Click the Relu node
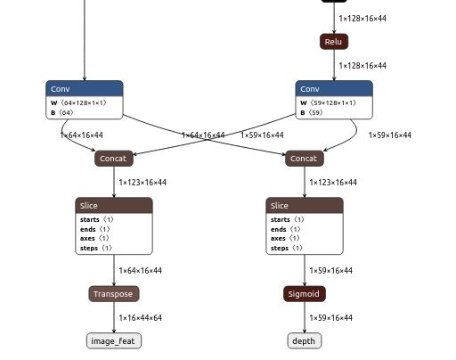click(x=333, y=42)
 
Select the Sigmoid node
click(x=305, y=294)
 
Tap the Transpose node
click(x=114, y=294)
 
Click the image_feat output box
click(x=114, y=341)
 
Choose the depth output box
click(x=305, y=341)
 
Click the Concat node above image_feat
click(x=114, y=159)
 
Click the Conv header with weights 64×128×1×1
click(x=85, y=89)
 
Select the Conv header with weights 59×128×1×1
click(x=334, y=89)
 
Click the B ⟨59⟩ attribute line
click(x=315, y=113)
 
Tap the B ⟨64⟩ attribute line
click(x=62, y=113)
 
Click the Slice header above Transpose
click(x=114, y=206)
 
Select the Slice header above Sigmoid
click(x=305, y=206)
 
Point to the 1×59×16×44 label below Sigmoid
click(x=331, y=318)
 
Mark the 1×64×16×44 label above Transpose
click(x=141, y=271)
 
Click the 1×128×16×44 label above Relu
click(x=362, y=18)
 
